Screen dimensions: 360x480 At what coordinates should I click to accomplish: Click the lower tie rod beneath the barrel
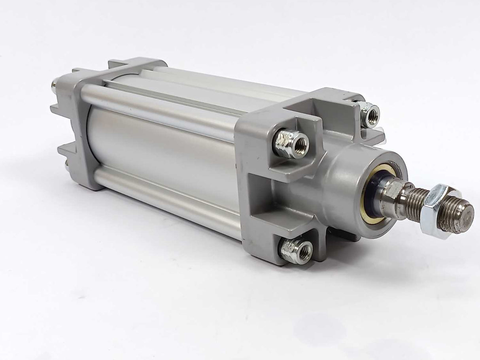tap(166, 202)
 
